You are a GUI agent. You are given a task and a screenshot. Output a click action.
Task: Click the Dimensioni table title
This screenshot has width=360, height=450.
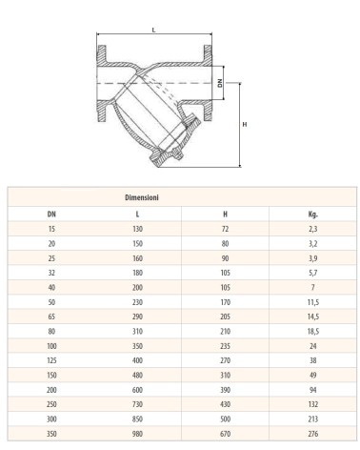[x=142, y=197]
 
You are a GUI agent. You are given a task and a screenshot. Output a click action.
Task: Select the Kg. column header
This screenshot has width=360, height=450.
[x=313, y=215]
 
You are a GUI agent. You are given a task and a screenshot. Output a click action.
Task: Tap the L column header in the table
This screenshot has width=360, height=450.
[x=137, y=215]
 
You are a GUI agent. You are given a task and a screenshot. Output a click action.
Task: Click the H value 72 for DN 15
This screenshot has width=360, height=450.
[x=225, y=229]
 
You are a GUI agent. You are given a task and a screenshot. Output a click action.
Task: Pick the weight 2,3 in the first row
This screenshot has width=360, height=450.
[x=313, y=229]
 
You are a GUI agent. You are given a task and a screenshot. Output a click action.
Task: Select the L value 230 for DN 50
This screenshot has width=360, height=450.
[x=137, y=302]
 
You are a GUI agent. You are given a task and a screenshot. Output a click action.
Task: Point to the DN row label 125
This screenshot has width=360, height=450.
[x=51, y=360]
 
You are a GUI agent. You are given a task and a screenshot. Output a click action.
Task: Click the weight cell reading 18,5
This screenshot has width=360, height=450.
[x=313, y=331]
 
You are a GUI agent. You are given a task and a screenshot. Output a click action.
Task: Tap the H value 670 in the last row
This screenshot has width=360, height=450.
[x=225, y=434]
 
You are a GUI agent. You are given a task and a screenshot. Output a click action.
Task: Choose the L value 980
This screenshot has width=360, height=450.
[x=137, y=434]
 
